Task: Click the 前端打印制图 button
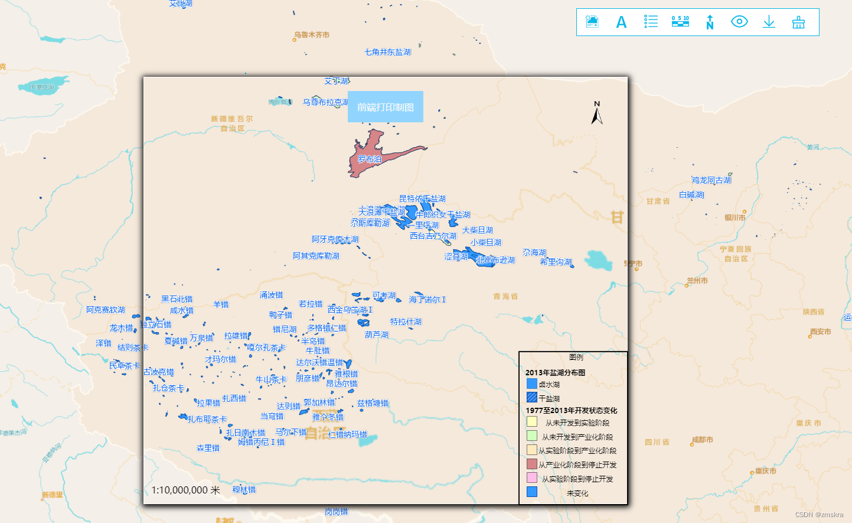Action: pyautogui.click(x=385, y=107)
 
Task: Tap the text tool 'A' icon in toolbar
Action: pyautogui.click(x=621, y=22)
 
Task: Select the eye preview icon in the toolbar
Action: pyautogui.click(x=739, y=22)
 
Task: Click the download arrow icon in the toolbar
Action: pyautogui.click(x=769, y=22)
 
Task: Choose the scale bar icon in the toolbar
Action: pyautogui.click(x=680, y=22)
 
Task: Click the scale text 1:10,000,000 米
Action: pyautogui.click(x=185, y=490)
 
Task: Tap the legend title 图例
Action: pyautogui.click(x=576, y=357)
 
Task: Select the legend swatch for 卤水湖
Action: pyautogui.click(x=532, y=384)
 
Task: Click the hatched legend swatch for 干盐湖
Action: pyautogui.click(x=532, y=398)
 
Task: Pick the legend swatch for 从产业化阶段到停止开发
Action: pyautogui.click(x=532, y=464)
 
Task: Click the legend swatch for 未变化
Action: pyautogui.click(x=532, y=492)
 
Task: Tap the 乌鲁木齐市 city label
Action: pyautogui.click(x=312, y=35)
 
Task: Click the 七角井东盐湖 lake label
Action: pyautogui.click(x=387, y=52)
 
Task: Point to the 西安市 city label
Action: pyautogui.click(x=820, y=332)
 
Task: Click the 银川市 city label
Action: pyautogui.click(x=735, y=217)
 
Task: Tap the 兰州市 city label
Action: pyautogui.click(x=697, y=281)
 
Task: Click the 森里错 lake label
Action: pyautogui.click(x=208, y=448)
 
